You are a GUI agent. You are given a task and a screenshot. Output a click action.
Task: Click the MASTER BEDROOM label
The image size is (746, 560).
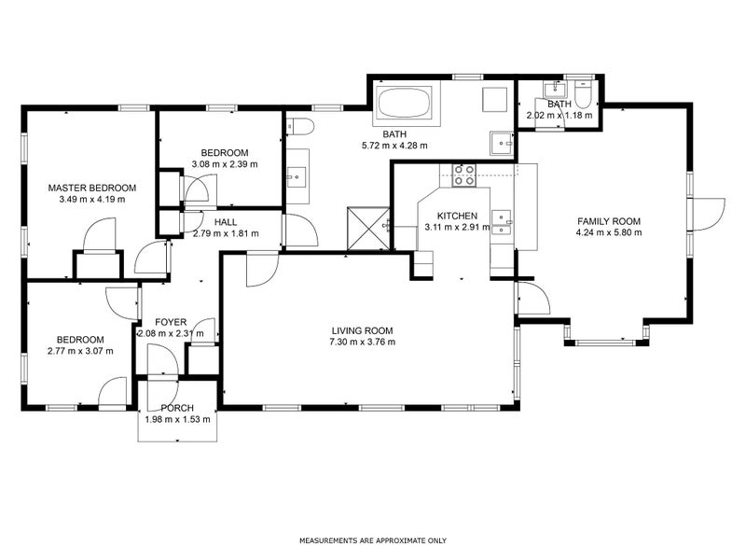[91, 188]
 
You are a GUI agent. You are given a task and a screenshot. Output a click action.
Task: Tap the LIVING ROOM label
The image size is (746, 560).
[362, 330]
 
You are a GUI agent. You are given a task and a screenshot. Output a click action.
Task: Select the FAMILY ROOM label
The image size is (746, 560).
[609, 221]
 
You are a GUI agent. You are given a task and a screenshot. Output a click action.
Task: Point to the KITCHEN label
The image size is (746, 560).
[457, 216]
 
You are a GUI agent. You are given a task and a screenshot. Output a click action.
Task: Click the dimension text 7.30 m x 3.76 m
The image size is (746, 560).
[362, 342]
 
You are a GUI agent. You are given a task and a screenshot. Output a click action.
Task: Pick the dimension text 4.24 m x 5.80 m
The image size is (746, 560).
[609, 232]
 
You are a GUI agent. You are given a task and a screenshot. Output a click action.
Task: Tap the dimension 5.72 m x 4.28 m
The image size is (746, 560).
[394, 146]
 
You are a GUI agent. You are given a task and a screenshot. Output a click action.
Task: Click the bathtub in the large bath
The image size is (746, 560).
[405, 103]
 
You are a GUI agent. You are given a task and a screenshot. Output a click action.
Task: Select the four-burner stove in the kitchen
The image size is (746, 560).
[463, 175]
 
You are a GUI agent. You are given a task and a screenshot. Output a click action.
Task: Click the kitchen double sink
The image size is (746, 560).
[502, 223]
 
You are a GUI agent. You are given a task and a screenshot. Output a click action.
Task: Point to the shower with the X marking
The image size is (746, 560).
[368, 228]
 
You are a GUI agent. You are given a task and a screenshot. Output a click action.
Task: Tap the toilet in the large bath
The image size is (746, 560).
[300, 127]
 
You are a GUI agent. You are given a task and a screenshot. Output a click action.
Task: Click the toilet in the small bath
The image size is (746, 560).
[583, 95]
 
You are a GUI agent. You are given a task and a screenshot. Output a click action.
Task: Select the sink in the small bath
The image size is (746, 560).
[555, 89]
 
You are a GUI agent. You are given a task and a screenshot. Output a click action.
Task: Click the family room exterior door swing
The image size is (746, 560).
[709, 215]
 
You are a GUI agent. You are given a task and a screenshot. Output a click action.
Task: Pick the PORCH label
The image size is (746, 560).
[177, 408]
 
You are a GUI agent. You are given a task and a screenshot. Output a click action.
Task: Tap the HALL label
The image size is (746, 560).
[226, 222]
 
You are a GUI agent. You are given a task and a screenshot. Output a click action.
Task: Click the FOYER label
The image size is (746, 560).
[171, 322]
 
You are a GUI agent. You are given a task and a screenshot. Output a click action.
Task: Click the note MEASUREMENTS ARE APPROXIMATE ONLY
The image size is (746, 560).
[373, 540]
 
